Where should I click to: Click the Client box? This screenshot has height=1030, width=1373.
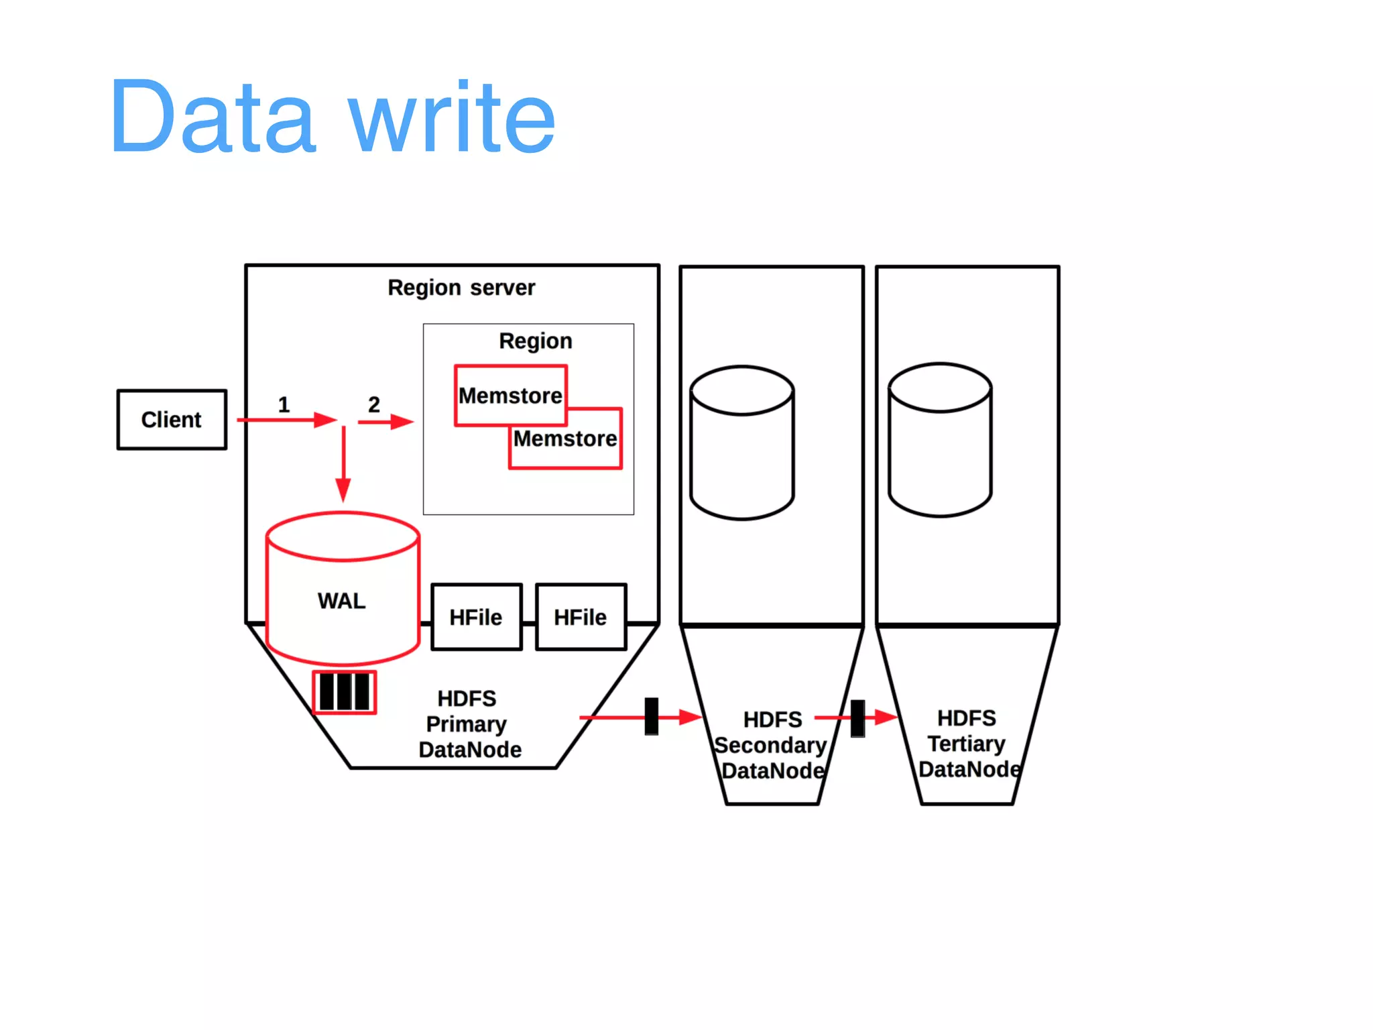172,420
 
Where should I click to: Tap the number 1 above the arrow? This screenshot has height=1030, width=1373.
284,404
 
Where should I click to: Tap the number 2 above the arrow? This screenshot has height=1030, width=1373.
373,404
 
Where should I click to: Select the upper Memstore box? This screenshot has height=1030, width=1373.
510,396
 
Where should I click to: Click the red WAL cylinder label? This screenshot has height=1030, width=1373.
342,601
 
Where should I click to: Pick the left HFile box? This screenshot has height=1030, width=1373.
476,617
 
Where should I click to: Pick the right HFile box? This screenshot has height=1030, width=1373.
581,617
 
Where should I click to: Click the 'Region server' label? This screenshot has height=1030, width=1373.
461,288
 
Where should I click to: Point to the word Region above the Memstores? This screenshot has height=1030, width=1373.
535,341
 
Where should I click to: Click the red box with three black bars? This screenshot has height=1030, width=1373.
344,692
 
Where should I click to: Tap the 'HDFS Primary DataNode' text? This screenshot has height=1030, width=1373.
469,724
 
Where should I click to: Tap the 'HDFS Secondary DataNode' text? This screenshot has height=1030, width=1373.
772,745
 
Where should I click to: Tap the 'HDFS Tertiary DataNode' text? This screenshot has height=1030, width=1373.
967,744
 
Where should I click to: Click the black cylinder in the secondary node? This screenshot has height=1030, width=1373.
742,443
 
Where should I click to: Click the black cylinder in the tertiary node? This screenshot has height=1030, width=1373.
940,440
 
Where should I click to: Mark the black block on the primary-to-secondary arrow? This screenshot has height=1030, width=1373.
651,717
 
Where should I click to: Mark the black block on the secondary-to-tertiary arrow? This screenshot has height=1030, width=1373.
857,718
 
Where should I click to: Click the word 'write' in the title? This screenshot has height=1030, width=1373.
452,117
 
